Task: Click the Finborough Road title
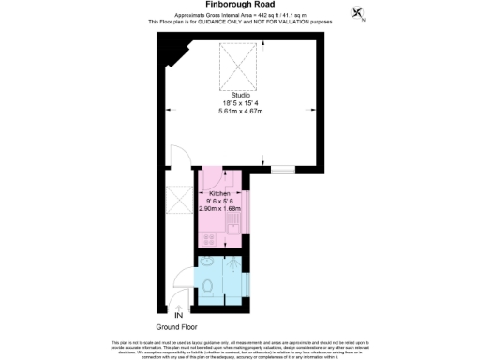[x=239, y=5]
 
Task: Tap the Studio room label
[x=240, y=93]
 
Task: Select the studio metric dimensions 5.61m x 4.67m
[x=240, y=110]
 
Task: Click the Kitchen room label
[x=219, y=193]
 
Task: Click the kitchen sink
[x=235, y=223]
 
